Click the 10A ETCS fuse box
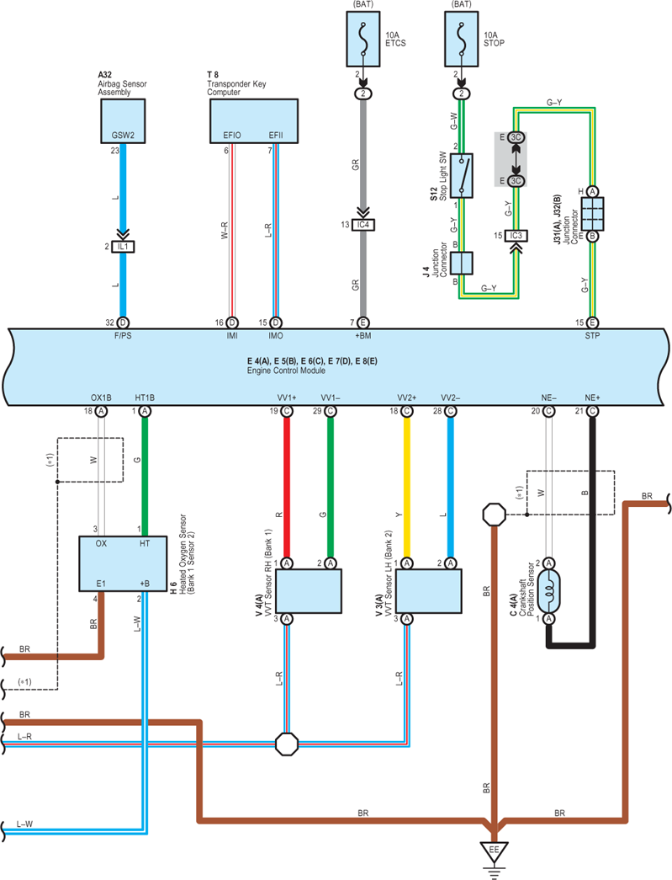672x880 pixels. (363, 39)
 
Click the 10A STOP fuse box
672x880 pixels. (461, 39)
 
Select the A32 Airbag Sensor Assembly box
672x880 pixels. (123, 120)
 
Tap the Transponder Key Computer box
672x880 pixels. (254, 120)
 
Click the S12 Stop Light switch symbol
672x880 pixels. (461, 176)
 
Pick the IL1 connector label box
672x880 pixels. (123, 247)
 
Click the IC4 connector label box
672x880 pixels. (363, 225)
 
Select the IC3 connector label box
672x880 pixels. (516, 236)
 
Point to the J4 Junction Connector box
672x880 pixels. (461, 264)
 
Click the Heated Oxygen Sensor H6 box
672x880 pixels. (123, 563)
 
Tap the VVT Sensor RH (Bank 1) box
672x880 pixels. (309, 591)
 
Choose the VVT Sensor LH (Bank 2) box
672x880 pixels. (429, 591)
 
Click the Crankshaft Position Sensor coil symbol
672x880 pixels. (548, 591)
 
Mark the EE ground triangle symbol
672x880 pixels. (494, 851)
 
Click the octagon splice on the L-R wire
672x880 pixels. (287, 744)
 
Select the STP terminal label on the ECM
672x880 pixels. (592, 336)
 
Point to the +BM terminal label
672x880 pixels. (362, 336)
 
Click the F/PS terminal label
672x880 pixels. (123, 336)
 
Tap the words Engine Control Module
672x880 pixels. (287, 371)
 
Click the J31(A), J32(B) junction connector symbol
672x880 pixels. (592, 214)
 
